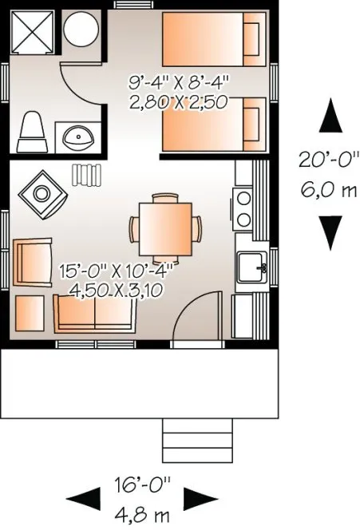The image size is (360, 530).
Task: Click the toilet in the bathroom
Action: [34, 131]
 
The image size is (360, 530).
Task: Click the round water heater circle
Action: [81, 30]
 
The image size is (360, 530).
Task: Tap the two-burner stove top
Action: [243, 207]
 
